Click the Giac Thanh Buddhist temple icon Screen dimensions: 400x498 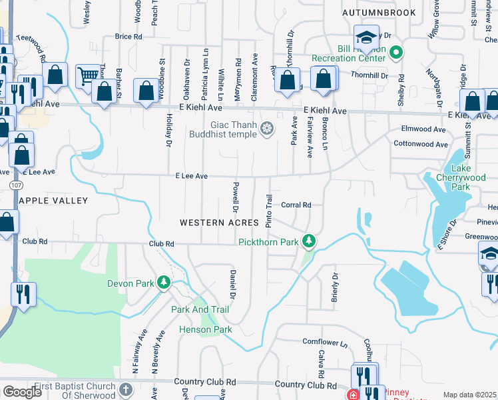click(x=267, y=128)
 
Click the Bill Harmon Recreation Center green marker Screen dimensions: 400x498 click(x=395, y=51)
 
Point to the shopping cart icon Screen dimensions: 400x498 click(x=88, y=77)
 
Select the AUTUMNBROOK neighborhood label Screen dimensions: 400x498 click(x=379, y=13)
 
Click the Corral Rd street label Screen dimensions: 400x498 click(x=296, y=205)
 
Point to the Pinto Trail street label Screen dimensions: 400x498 click(x=269, y=211)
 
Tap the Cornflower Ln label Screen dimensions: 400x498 click(x=326, y=343)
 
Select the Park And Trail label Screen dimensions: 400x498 click(x=200, y=309)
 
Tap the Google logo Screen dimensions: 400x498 click(x=22, y=391)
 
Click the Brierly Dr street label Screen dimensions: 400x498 click(x=335, y=289)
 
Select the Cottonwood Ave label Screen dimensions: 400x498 click(x=420, y=144)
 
